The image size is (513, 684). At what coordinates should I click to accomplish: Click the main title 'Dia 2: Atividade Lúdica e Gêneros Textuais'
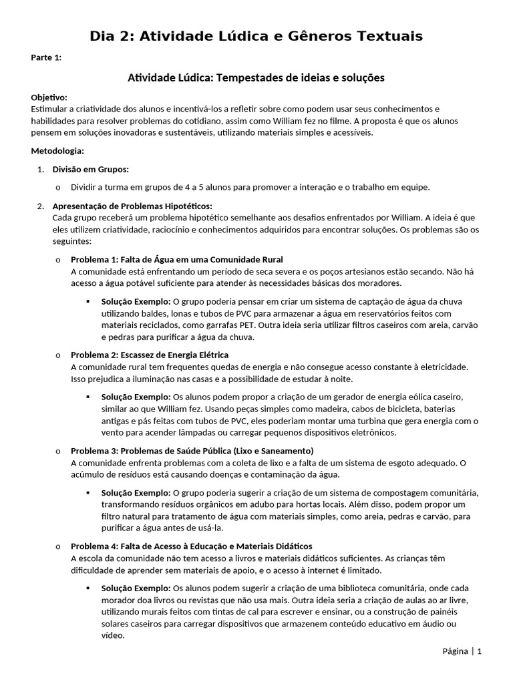(x=256, y=36)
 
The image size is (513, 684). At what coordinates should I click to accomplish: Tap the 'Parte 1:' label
(x=46, y=57)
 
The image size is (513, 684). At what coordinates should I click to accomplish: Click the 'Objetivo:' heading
(x=49, y=98)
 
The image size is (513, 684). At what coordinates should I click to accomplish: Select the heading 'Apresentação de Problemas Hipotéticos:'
(x=132, y=206)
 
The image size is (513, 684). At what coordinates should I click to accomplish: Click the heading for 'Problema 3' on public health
(x=192, y=450)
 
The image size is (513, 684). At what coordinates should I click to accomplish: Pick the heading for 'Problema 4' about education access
(x=191, y=546)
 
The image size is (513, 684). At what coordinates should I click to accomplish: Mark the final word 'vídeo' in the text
(x=113, y=635)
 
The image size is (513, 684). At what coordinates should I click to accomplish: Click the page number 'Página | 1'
(x=462, y=651)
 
